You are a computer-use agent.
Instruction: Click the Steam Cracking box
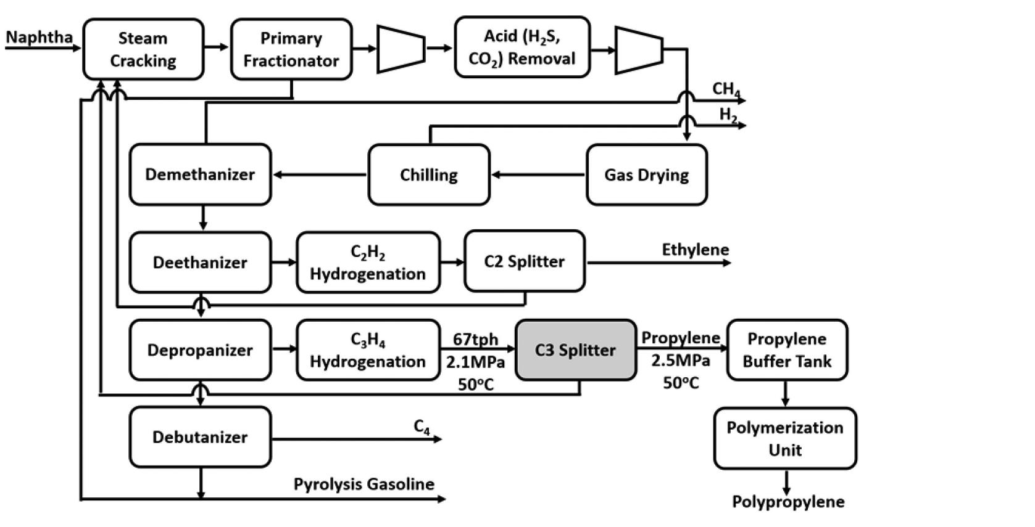[143, 49]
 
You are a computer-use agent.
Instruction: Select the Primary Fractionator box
[291, 49]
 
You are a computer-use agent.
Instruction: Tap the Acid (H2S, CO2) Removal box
[522, 47]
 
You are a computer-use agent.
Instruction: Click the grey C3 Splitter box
[575, 350]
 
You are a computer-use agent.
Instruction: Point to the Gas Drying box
[646, 175]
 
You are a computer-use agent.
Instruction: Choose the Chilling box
[429, 175]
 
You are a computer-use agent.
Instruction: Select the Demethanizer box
[200, 174]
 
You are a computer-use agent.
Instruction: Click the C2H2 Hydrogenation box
[368, 263]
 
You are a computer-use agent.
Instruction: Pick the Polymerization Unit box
[784, 438]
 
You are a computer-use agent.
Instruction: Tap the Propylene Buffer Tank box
[787, 350]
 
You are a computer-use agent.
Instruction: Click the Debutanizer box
[200, 437]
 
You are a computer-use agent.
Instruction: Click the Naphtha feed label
[39, 37]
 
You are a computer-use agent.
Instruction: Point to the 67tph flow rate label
[475, 340]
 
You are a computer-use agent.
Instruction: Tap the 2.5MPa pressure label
[680, 361]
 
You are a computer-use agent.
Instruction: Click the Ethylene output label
[695, 250]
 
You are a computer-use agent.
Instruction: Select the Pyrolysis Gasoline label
[364, 484]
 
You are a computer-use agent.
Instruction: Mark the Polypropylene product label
[788, 502]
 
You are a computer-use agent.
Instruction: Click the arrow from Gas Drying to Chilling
[538, 175]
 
